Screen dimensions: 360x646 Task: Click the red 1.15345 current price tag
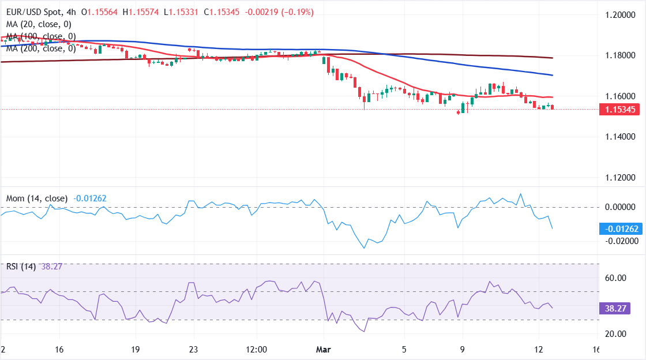(621, 110)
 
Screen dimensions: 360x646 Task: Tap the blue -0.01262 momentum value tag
(621, 229)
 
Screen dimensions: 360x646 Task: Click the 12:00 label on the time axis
(256, 350)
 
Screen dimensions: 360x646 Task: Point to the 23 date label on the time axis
(194, 350)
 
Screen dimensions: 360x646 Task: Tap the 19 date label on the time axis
(136, 350)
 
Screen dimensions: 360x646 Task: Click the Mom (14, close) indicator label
(37, 198)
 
